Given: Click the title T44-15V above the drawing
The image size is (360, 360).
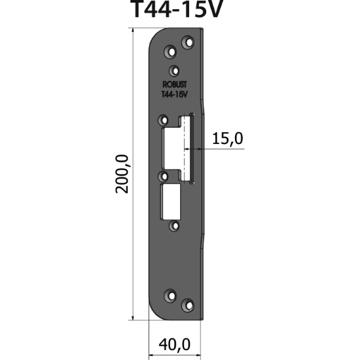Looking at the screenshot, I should (179, 10).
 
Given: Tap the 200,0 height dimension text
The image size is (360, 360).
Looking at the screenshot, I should (122, 173).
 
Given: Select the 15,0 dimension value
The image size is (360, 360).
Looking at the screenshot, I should (227, 138).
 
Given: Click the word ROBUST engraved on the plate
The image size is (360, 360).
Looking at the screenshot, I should (173, 84).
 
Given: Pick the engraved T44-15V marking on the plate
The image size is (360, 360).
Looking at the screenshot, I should (174, 94).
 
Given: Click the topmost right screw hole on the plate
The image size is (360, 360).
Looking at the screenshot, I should (189, 43).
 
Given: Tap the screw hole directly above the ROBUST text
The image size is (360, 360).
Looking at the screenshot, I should (174, 71).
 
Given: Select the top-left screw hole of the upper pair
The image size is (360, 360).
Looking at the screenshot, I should (171, 50).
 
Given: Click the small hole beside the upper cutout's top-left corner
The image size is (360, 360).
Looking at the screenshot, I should (163, 120).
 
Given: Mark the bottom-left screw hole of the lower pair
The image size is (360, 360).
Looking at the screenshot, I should (171, 295).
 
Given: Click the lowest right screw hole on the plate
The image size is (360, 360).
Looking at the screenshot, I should (189, 304).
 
